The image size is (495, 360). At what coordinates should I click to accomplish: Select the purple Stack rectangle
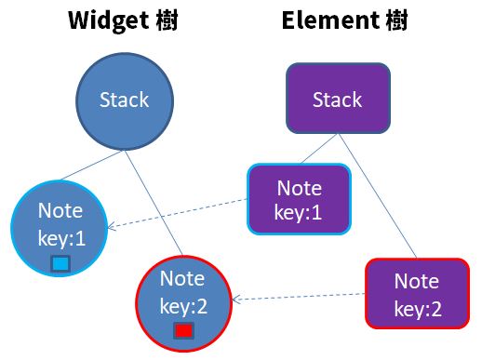(x=336, y=100)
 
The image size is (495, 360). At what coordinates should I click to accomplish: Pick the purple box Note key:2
(x=416, y=294)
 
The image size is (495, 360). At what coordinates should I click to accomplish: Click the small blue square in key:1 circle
(x=60, y=263)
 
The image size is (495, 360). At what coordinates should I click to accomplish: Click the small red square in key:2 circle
(x=183, y=330)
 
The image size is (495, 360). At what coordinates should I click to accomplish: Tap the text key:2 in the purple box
(x=417, y=309)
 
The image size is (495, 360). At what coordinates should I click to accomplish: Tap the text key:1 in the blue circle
(x=60, y=239)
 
